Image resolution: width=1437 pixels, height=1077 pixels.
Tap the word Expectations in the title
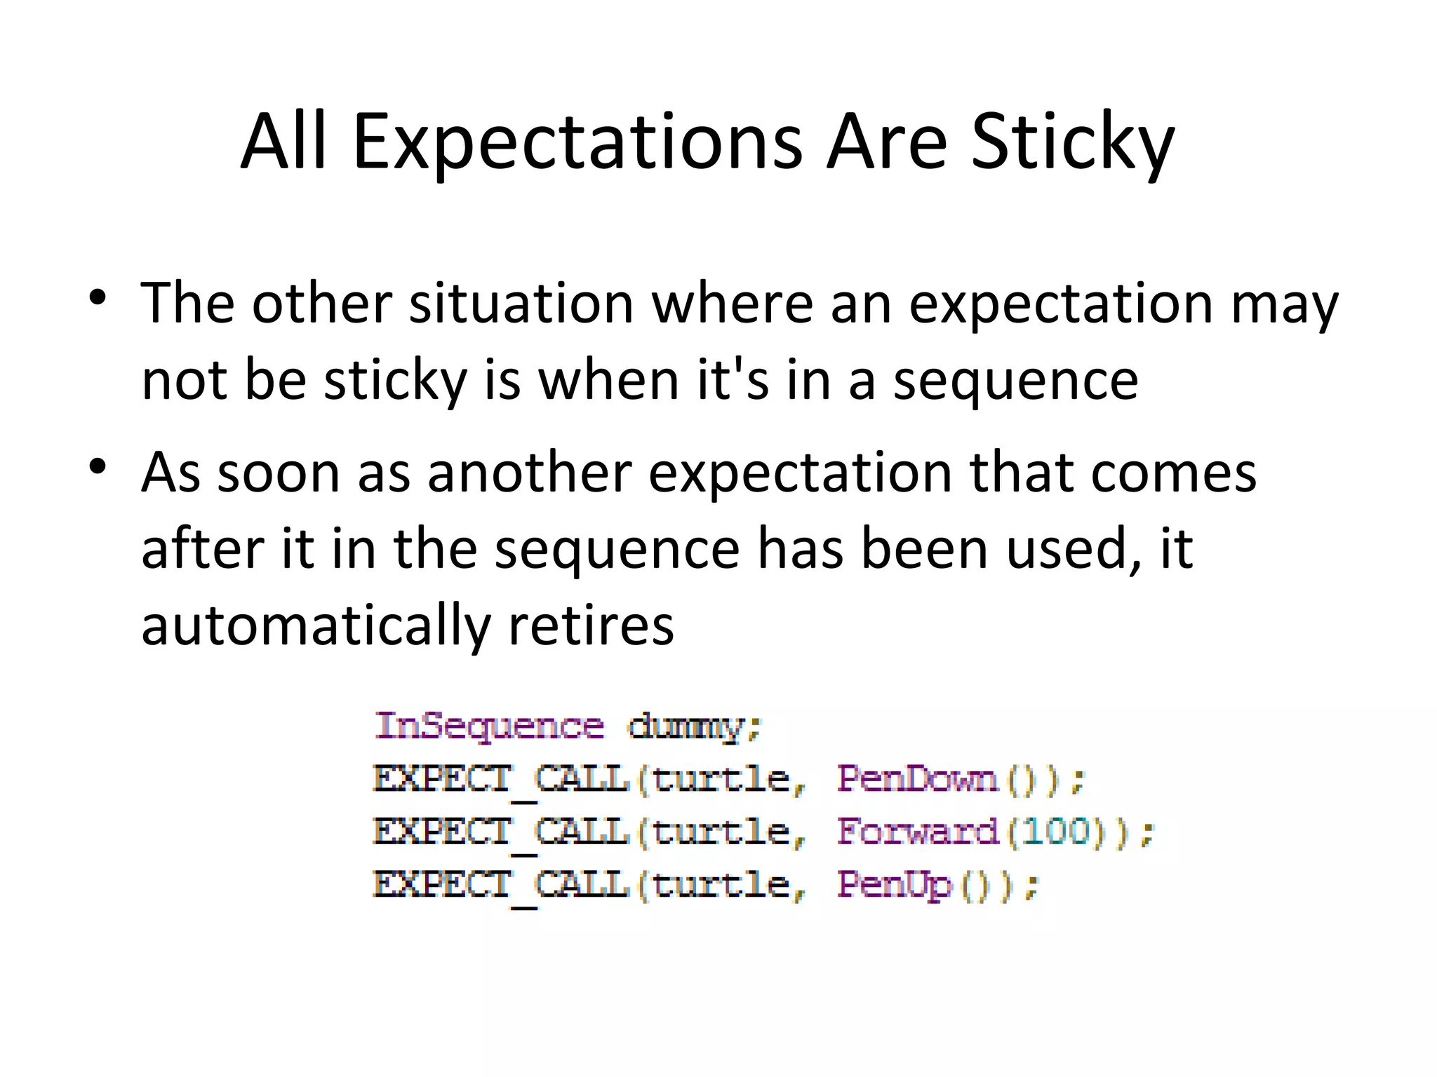(x=577, y=144)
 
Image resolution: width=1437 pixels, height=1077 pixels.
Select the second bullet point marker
(x=98, y=466)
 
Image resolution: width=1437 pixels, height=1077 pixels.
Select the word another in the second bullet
(x=530, y=473)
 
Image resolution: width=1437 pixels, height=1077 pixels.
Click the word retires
(x=591, y=625)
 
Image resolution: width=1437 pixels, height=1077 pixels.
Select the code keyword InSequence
(x=489, y=726)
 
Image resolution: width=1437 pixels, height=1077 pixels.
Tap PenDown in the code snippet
(x=917, y=779)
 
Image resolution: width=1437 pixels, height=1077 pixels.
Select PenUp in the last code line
(x=895, y=884)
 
